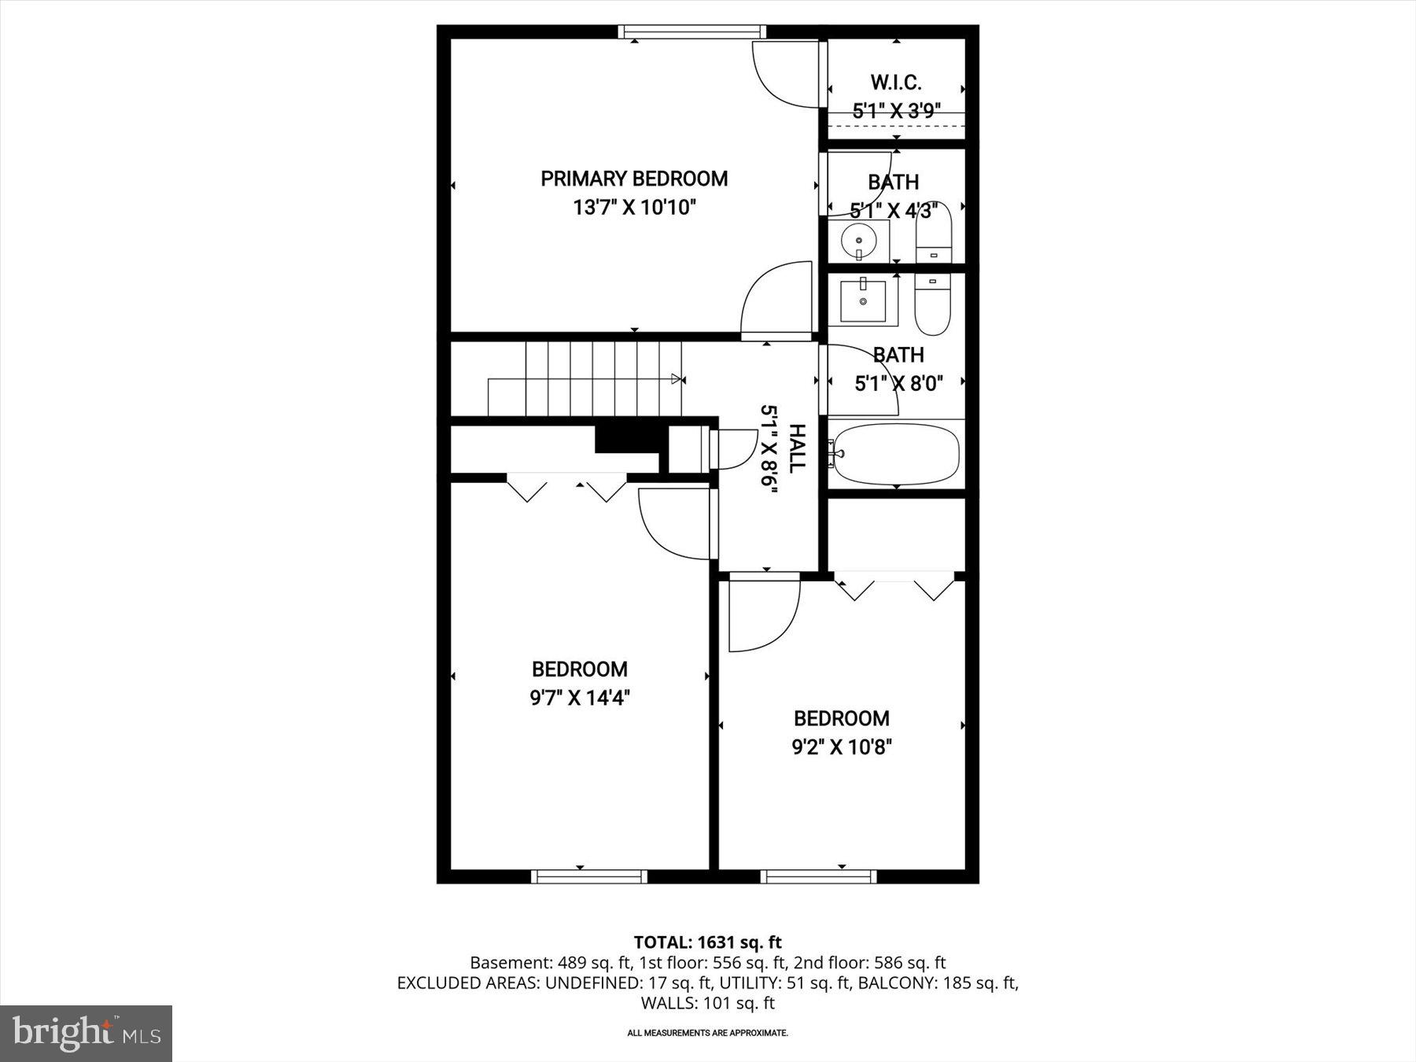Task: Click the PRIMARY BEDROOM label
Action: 634,179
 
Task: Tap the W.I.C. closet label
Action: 896,83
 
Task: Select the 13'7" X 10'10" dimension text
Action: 634,208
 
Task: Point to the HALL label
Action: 797,448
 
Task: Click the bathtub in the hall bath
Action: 897,454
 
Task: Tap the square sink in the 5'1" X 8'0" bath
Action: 863,301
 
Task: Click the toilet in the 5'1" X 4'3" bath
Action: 934,234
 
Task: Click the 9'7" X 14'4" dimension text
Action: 580,698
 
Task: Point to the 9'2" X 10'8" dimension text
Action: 842,747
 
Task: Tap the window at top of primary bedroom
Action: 691,32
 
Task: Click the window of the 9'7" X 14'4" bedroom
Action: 589,876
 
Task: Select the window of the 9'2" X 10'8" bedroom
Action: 818,876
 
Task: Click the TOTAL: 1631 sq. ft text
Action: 707,942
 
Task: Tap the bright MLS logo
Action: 86,1033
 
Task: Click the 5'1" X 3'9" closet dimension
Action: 897,111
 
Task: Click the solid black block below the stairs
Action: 627,438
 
